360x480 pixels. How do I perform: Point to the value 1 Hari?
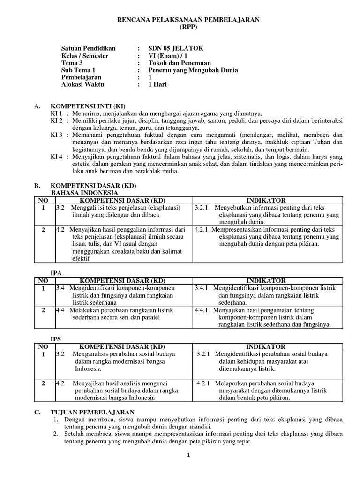tap(157, 85)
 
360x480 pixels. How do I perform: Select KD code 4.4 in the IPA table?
tap(60, 310)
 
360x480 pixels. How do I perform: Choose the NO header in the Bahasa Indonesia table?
tap(43, 200)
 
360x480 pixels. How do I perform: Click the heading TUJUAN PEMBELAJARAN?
tap(92, 412)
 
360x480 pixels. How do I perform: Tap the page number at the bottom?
tap(188, 455)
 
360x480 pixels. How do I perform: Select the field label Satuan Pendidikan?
tap(88, 48)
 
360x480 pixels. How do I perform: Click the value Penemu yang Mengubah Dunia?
tap(193, 70)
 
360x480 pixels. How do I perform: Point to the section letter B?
tap(37, 186)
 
